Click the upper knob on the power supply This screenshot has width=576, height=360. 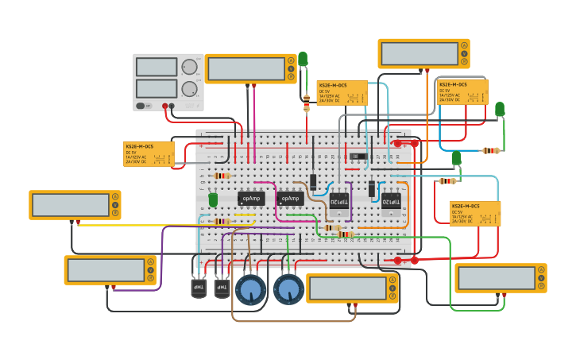tap(189, 67)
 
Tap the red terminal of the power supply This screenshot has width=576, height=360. tap(167, 106)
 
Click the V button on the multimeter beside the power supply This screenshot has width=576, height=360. tap(292, 69)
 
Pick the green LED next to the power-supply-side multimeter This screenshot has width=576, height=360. tap(303, 59)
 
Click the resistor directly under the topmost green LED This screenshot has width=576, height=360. tap(307, 102)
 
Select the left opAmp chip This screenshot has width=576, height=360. tap(251, 198)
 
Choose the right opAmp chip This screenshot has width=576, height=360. tap(291, 199)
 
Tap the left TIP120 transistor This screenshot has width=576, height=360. tap(339, 204)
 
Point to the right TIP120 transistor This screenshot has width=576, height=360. tap(391, 203)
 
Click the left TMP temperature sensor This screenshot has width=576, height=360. tap(199, 286)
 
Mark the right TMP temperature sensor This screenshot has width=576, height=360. tap(222, 286)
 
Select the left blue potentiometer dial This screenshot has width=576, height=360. tap(251, 288)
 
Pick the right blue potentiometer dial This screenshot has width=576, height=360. tap(288, 288)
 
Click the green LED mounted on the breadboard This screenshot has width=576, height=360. tap(213, 199)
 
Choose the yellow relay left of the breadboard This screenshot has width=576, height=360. tap(149, 153)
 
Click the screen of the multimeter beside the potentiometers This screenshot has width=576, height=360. tap(346, 288)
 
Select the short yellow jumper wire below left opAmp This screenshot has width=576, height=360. tap(245, 215)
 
